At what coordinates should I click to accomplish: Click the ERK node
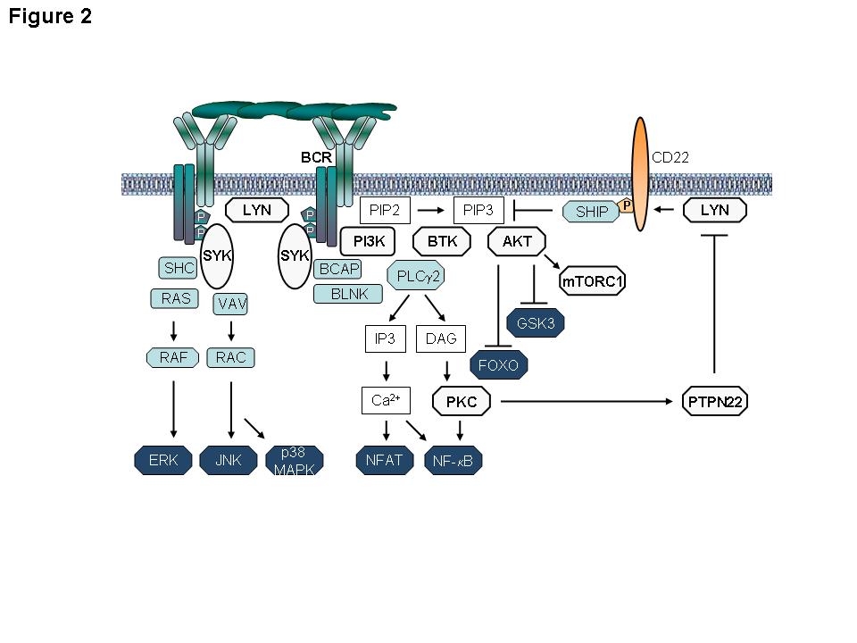(162, 461)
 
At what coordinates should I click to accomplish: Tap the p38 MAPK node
(295, 460)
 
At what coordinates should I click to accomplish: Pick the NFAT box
(386, 461)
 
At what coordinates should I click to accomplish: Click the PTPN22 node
(714, 402)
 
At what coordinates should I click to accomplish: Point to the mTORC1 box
(593, 282)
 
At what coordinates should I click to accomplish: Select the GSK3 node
(536, 323)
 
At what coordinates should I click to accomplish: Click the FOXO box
(498, 364)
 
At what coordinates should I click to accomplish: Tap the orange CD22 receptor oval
(640, 174)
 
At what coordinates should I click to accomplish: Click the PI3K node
(369, 240)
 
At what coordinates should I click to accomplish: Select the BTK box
(442, 240)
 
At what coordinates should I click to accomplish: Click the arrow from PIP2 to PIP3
(431, 211)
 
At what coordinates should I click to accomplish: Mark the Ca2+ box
(386, 401)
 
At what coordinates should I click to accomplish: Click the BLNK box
(347, 293)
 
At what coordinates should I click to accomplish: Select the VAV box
(231, 304)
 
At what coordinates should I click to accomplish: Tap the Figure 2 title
(51, 17)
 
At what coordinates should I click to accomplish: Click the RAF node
(171, 358)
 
